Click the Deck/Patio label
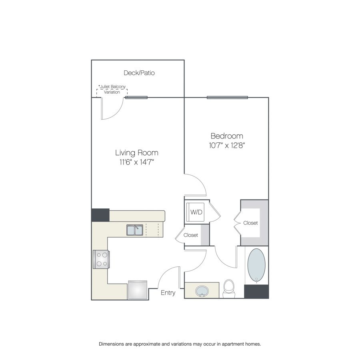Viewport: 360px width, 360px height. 139,73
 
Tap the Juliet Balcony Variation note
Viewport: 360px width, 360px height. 112,89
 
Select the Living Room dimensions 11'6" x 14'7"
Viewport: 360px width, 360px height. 137,162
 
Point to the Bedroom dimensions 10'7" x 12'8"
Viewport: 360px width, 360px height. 227,145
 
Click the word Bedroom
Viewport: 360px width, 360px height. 227,136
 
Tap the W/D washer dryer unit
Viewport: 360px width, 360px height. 195,212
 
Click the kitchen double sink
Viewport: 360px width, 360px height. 135,230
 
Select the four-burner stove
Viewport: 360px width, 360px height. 101,260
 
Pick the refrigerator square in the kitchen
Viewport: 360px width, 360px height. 138,290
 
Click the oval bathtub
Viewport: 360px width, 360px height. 256,264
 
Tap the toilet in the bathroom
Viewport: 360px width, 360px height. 229,288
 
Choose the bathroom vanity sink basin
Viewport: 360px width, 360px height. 202,291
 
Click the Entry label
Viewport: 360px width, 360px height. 168,293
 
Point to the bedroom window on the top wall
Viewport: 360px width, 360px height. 227,98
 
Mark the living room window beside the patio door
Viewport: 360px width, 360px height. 136,98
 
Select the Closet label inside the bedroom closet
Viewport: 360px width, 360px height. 250,223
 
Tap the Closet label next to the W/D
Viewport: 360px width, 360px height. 191,235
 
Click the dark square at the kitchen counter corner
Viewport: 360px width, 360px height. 100,215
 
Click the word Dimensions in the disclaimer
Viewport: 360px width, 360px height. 111,344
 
